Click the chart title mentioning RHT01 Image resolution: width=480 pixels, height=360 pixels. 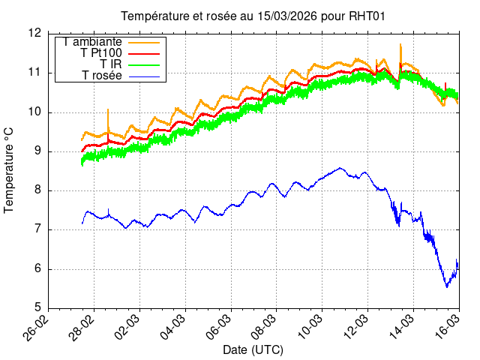(x=253, y=16)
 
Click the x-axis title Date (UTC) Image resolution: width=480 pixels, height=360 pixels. (x=253, y=349)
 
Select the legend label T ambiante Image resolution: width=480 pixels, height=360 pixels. (x=93, y=41)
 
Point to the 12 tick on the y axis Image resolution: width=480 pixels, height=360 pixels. (x=36, y=34)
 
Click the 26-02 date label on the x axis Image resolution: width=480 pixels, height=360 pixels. (x=39, y=326)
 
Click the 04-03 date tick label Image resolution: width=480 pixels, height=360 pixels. (x=175, y=326)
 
